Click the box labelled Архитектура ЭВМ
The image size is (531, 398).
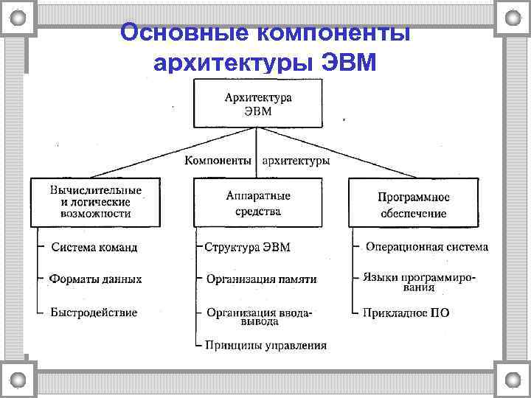coord(257,104)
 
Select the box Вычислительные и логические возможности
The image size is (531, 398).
coord(96,202)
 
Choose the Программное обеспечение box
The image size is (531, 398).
coord(413,205)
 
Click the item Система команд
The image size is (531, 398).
coord(94,248)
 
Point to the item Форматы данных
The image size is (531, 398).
coord(95,279)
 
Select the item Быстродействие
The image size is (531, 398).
coord(94,312)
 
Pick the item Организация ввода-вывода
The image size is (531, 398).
coord(259,317)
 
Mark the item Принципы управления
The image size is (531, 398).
coord(265,345)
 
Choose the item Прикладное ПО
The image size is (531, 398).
coord(406,313)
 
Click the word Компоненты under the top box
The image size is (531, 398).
coord(218,161)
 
